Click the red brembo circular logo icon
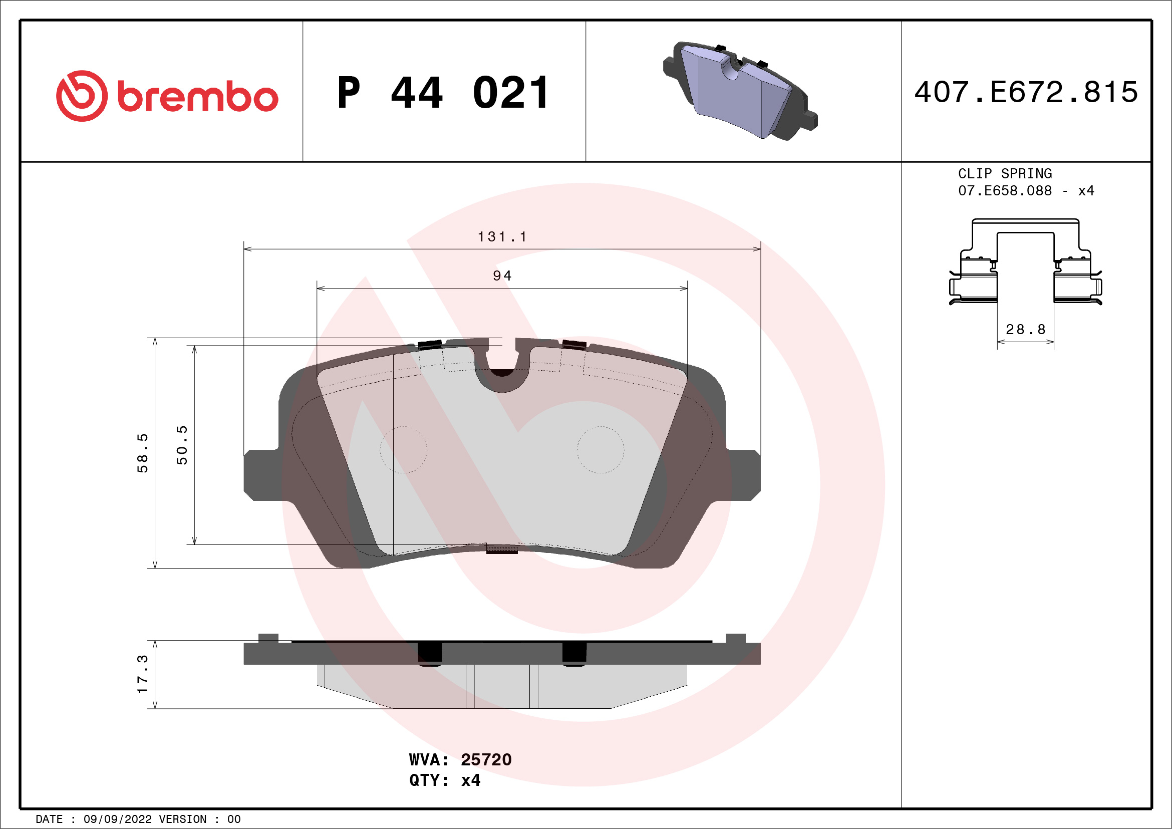click(x=82, y=96)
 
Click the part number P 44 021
click(x=443, y=93)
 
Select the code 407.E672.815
click(x=1026, y=92)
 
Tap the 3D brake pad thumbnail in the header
click(x=740, y=91)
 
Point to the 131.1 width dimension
click(x=502, y=237)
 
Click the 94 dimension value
click(x=502, y=276)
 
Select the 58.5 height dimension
click(x=142, y=453)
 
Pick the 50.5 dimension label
click(x=182, y=445)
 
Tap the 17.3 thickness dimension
click(x=142, y=674)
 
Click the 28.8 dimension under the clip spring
click(x=1026, y=330)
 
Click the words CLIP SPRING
click(x=1005, y=173)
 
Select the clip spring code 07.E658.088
click(x=1005, y=191)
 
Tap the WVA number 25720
click(x=486, y=759)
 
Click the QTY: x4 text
click(x=445, y=780)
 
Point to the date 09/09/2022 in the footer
click(x=117, y=819)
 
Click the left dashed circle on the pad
click(x=403, y=450)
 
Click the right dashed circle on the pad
click(x=601, y=450)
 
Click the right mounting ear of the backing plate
click(x=743, y=475)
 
